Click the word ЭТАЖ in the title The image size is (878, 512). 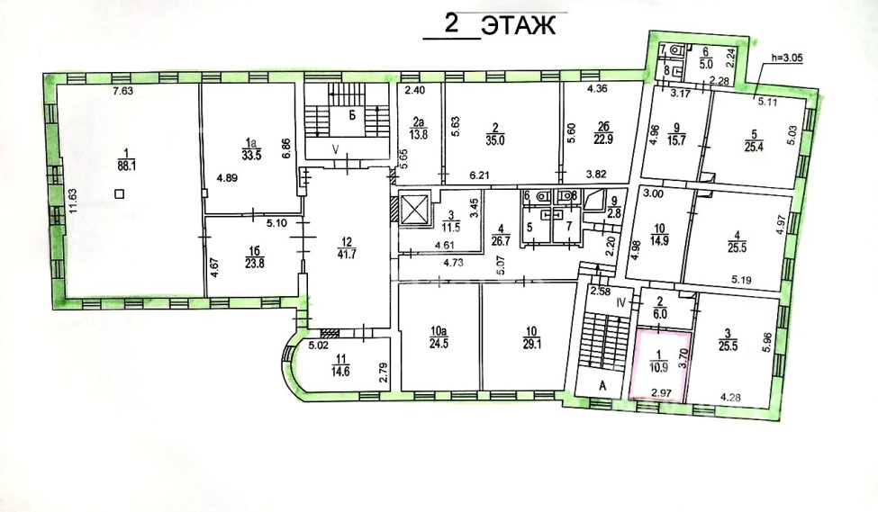pos(519,26)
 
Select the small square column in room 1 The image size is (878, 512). pos(118,193)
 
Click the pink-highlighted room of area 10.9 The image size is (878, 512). pos(659,364)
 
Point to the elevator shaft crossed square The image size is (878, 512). pos(415,211)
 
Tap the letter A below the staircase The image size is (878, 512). pos(602,385)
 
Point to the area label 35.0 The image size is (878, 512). pos(495,141)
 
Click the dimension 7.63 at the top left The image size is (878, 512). pos(122,91)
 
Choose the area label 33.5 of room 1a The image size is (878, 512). pos(251,156)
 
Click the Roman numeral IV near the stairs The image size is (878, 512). pos(620,303)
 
